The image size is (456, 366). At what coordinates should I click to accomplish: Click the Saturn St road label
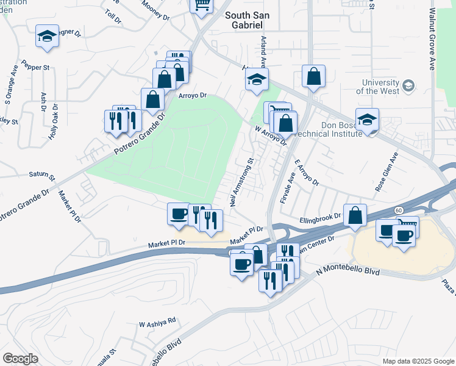[x=42, y=176]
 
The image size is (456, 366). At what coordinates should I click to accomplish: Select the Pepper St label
[x=35, y=65]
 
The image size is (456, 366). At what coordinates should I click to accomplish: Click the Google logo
[x=20, y=359]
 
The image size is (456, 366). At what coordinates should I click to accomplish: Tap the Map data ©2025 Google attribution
[x=418, y=361]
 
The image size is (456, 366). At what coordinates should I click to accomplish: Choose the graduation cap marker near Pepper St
[x=47, y=36]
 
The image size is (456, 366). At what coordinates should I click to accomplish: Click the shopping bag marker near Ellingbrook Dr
[x=355, y=215]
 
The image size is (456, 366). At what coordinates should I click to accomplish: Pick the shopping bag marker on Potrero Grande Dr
[x=152, y=99]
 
